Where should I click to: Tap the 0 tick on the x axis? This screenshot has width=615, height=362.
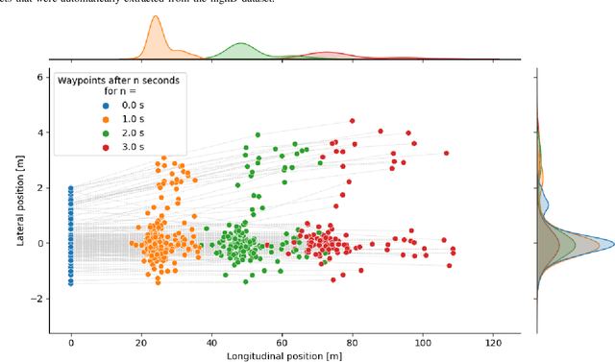click(x=71, y=343)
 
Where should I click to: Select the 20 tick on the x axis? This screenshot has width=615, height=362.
click(x=141, y=343)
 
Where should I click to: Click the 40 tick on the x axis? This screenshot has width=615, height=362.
click(x=211, y=343)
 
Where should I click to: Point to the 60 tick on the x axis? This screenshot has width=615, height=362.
click(x=283, y=343)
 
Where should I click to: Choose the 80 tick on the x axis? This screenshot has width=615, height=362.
click(x=353, y=343)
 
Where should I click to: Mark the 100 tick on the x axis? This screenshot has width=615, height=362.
click(x=423, y=343)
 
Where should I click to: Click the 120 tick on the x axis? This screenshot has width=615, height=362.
click(x=493, y=343)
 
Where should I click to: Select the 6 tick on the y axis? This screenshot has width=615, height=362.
click(x=39, y=77)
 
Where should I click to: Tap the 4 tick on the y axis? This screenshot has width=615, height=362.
click(x=39, y=133)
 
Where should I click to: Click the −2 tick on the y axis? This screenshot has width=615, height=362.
click(x=37, y=300)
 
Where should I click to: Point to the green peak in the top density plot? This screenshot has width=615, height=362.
click(x=239, y=45)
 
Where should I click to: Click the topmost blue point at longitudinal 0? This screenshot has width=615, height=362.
click(x=71, y=188)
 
